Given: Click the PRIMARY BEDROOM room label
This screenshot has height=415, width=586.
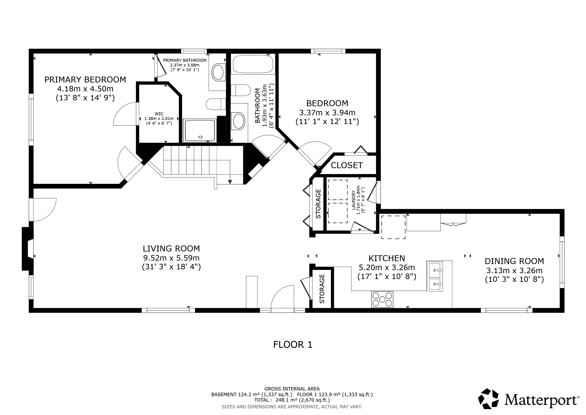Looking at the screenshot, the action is pos(85,80).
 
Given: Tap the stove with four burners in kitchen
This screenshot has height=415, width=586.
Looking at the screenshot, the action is pos(382,299).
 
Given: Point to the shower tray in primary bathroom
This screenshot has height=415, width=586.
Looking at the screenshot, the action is pos(200,130).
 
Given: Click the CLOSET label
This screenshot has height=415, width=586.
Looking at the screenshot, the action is pos(347,165).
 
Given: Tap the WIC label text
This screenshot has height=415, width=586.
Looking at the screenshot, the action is pos(159,114).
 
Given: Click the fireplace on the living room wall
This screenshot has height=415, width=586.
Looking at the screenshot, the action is pos(28,248).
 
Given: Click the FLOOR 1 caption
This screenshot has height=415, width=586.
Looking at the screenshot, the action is pos(293,345).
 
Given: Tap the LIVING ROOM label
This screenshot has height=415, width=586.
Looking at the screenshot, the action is pos(171,248).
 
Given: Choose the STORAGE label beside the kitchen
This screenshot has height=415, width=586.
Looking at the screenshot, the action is pos(322,289).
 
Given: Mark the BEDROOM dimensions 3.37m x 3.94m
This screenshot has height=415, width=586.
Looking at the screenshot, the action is pos(327,112).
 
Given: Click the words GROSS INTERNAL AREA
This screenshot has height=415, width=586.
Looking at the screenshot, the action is pos(292,389).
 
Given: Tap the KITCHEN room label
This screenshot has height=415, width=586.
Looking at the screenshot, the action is pos(387,258).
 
